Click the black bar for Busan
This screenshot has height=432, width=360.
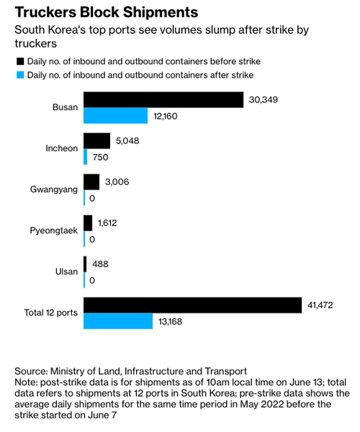163,100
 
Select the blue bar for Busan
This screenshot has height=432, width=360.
116,116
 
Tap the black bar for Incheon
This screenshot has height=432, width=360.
97,141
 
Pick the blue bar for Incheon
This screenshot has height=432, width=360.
86,157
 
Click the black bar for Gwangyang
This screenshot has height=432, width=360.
91,182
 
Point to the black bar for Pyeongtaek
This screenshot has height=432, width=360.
88,223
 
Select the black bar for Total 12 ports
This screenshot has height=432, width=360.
192,305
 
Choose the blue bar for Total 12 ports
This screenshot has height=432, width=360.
118,321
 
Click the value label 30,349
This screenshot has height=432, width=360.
264,100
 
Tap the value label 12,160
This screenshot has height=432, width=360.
166,116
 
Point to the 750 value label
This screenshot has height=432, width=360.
100,157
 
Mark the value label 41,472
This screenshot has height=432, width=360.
320,305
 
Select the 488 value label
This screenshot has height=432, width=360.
100,264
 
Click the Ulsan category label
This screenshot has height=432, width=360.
66,271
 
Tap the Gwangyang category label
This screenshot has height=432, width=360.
54,189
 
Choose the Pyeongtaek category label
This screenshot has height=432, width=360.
54,230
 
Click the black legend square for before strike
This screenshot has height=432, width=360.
20,61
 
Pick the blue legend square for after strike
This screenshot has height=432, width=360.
20,75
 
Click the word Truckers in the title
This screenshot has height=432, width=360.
45,12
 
